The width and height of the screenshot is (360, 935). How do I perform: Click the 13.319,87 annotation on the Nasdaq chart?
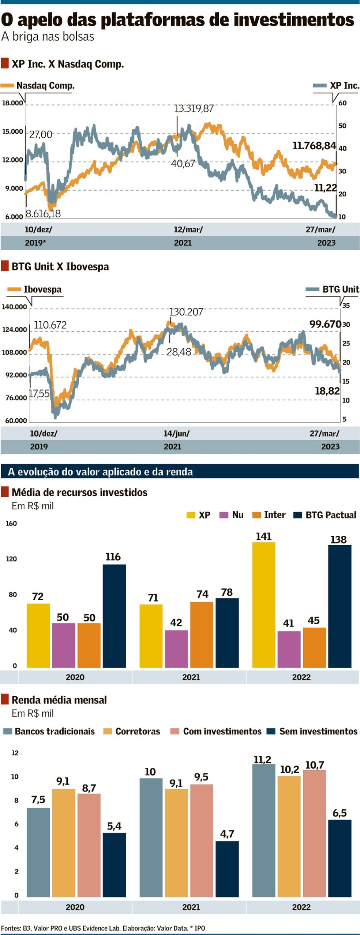pyautogui.click(x=194, y=109)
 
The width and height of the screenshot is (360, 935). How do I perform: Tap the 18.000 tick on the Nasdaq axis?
pyautogui.click(x=12, y=103)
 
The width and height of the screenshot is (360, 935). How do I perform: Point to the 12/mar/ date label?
pyautogui.click(x=188, y=229)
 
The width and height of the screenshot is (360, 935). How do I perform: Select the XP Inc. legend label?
pyautogui.click(x=344, y=86)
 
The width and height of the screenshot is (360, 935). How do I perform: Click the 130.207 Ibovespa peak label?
pyautogui.click(x=186, y=312)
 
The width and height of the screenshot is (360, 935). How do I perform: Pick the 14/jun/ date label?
pyautogui.click(x=176, y=434)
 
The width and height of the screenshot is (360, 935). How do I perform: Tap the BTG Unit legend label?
pyautogui.click(x=341, y=289)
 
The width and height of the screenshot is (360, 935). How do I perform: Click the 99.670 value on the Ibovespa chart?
pyautogui.click(x=325, y=324)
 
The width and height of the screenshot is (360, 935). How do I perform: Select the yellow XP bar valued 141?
pyautogui.click(x=263, y=605)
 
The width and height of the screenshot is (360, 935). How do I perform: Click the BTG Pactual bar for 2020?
pyautogui.click(x=114, y=616)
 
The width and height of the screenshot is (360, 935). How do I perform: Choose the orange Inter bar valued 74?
pyautogui.click(x=202, y=635)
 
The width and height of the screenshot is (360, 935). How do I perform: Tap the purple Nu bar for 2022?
pyautogui.click(x=289, y=650)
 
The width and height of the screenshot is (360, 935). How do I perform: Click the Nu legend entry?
pyautogui.click(x=237, y=515)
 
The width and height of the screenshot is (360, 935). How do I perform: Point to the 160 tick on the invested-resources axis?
pyautogui.click(x=11, y=524)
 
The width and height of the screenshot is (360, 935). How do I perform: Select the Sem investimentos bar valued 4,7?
pyautogui.click(x=227, y=869)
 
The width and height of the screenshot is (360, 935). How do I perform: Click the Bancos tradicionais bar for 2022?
pyautogui.click(x=263, y=831)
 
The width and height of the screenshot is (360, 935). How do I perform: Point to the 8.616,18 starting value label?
pyautogui.click(x=43, y=214)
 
